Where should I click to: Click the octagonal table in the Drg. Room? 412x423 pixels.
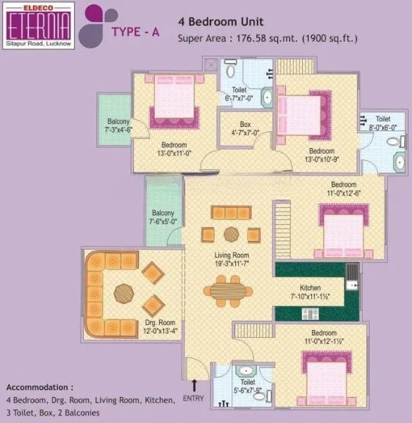124,292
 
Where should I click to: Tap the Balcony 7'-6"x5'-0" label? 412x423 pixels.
163,217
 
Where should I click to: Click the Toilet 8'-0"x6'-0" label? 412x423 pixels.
383,124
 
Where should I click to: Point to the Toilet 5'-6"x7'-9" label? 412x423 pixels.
247,370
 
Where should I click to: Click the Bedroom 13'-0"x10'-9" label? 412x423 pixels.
321,155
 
